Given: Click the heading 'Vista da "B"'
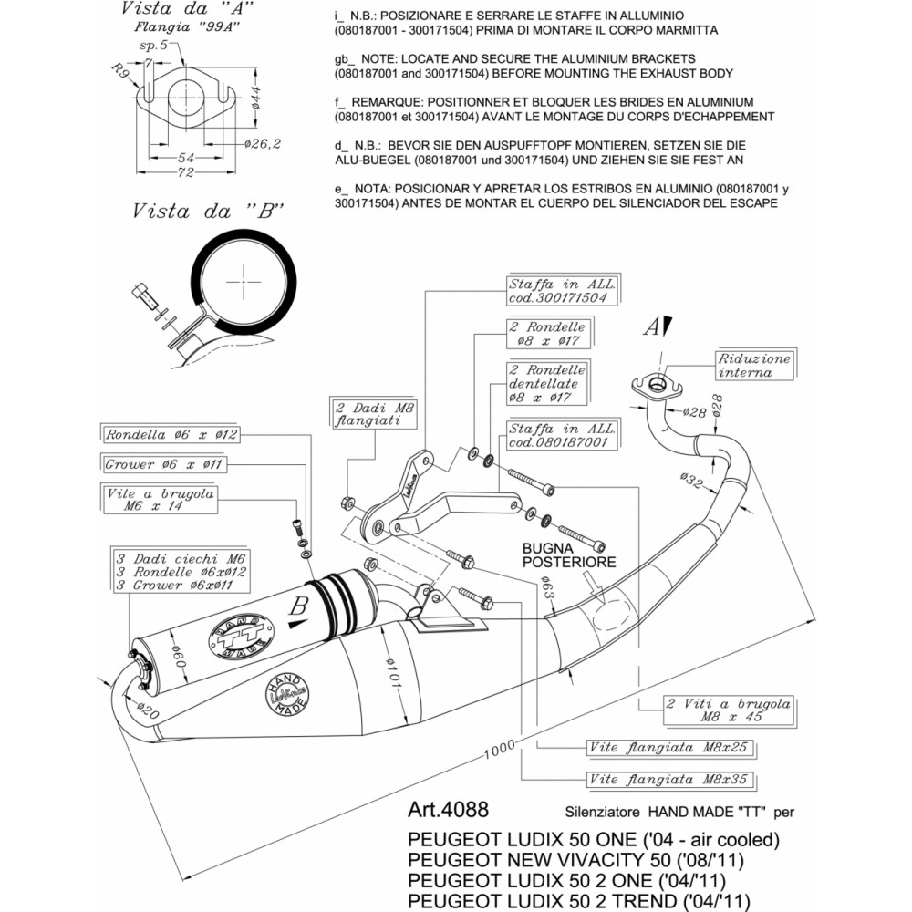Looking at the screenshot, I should point(208,211).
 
